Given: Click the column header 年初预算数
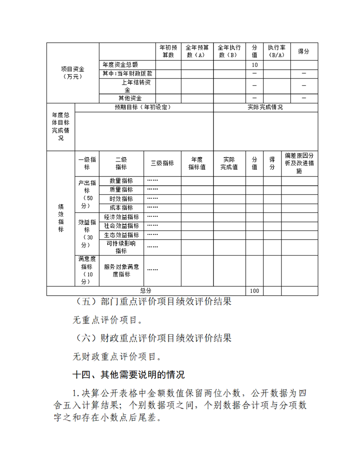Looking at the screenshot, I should click(168, 51).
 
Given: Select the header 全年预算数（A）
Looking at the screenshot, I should click(197, 51).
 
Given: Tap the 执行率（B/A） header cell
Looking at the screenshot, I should click(276, 51).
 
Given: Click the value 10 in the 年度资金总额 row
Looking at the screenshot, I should click(255, 65).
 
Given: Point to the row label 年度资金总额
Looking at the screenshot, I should click(120, 65).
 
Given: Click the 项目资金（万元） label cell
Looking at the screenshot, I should click(72, 73).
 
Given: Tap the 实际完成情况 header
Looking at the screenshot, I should click(265, 107).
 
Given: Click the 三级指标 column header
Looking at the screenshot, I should click(162, 163).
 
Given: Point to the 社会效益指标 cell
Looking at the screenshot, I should click(121, 226).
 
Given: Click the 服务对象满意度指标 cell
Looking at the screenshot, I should click(121, 271).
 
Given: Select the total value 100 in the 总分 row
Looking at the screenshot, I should click(255, 291).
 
